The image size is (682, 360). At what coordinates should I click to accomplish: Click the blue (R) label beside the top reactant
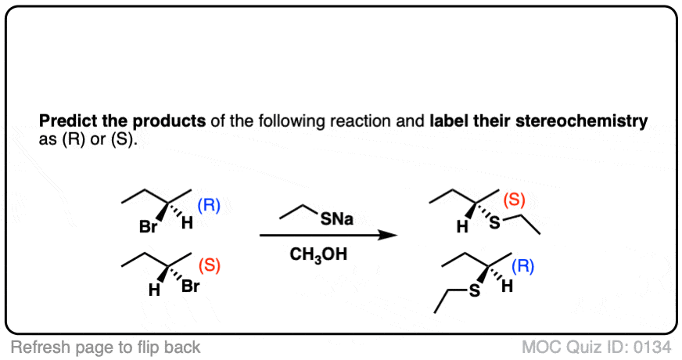209,205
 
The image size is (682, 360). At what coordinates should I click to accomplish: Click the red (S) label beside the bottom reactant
209,265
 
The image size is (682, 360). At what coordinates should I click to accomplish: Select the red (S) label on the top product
514,200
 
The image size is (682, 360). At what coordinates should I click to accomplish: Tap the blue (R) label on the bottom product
522,265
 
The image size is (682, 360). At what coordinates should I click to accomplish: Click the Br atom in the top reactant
148,226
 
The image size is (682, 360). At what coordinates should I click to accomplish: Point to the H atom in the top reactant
188,223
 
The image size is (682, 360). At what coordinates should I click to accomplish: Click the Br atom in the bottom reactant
191,286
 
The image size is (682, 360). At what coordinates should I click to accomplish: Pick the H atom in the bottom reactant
154,290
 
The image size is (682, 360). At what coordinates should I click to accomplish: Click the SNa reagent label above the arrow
336,219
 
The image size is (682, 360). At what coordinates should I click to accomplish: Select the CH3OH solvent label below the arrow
318,254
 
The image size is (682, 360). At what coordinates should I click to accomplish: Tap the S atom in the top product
494,222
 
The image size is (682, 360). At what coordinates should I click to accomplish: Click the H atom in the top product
462,226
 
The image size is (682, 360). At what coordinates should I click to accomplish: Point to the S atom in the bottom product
475,290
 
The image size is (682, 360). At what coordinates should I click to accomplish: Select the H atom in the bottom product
507,286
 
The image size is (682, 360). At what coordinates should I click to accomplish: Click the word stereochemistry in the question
582,121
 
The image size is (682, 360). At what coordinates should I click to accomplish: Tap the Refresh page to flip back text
106,347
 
